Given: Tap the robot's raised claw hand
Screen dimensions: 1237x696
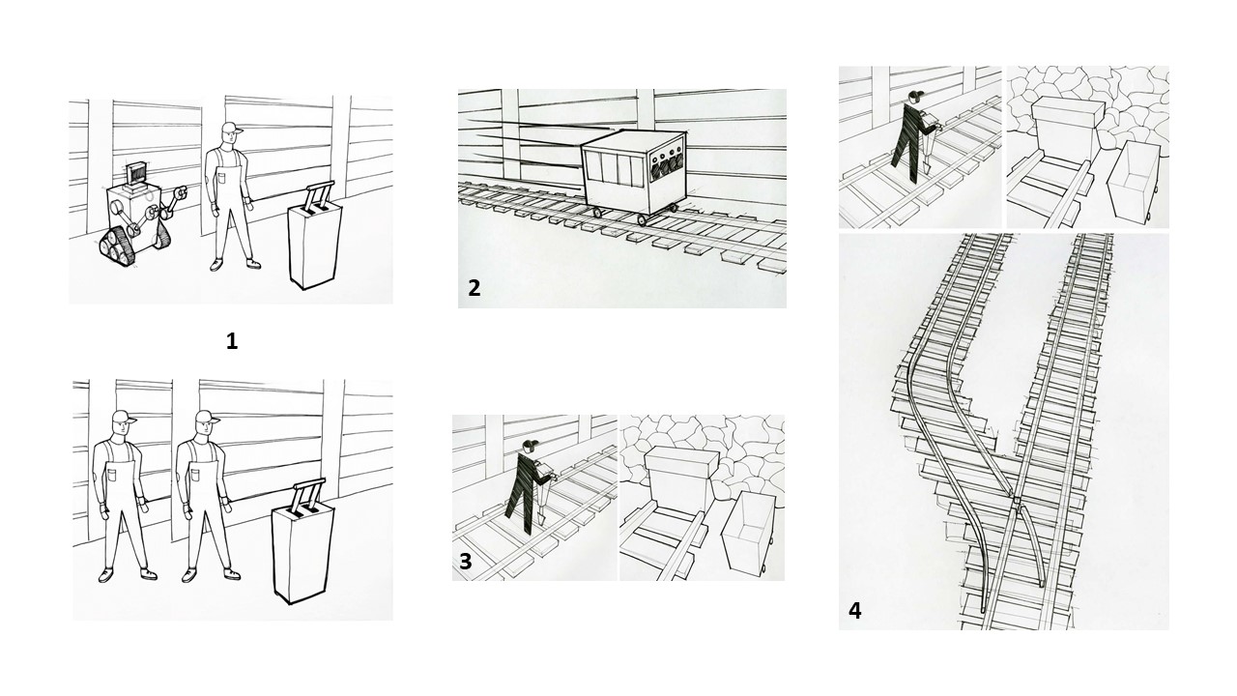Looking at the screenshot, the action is (x=180, y=193).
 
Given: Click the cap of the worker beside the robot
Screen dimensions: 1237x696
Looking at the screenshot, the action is (x=232, y=129).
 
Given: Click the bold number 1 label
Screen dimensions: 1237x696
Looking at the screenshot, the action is (x=232, y=342).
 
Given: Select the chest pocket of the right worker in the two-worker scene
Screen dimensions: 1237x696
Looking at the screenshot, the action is (x=196, y=475).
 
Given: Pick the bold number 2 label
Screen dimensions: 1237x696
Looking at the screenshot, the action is (x=474, y=288).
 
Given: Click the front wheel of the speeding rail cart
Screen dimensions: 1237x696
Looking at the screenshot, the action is (x=643, y=220).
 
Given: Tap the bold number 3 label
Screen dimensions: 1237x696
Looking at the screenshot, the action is (x=466, y=562).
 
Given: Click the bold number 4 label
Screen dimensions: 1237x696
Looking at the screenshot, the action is (x=854, y=611).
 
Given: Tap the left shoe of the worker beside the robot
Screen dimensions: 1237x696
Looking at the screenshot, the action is (x=216, y=266).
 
